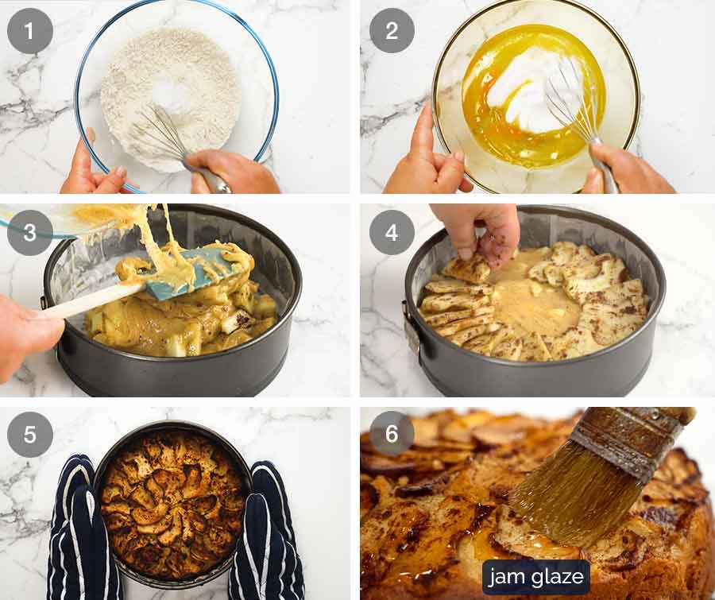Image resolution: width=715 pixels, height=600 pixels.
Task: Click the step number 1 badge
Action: pos(30,31)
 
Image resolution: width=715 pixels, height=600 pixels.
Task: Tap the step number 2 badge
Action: pos(392,30)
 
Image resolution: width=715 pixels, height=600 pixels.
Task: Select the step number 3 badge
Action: pos(30,232)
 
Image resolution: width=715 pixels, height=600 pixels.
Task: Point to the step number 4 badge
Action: pos(392,232)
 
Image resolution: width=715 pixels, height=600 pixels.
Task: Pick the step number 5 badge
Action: pos(30,434)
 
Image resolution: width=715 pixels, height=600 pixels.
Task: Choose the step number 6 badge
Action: pos(392,433)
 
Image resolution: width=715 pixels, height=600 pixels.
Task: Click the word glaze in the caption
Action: pos(557,577)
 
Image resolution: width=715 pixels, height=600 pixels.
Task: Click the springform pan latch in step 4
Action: pos(411,327)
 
